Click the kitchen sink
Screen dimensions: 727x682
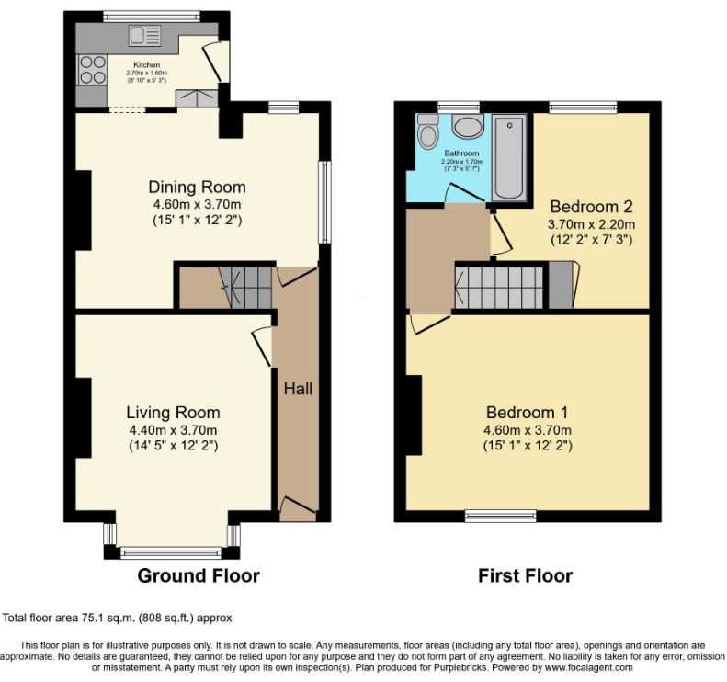pos(144,36)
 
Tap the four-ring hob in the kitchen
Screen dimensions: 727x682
pos(92,70)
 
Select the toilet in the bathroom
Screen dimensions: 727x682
pos(427,131)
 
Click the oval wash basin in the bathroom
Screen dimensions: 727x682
pos(467,127)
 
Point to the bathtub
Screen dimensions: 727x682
pos(509,158)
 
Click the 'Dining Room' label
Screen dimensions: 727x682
pos(197,187)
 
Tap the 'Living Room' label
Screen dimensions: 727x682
pos(173,412)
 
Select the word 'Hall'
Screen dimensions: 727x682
pos(298,389)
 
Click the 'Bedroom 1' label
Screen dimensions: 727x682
pos(528,412)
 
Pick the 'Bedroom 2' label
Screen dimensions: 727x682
pos(591,206)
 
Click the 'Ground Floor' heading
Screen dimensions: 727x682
pos(199,575)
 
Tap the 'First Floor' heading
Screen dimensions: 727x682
pos(526,575)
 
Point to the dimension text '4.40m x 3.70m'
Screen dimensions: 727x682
pos(174,430)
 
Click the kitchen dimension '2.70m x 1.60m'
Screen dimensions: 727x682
pos(146,74)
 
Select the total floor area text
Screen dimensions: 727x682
pos(118,618)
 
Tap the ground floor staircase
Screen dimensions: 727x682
pos(245,288)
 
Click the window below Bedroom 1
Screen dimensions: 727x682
pos(501,516)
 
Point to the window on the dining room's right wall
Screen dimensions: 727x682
pos(324,202)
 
